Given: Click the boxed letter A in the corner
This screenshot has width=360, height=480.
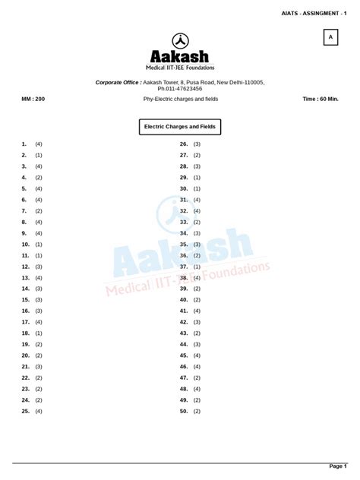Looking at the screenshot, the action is [330, 37].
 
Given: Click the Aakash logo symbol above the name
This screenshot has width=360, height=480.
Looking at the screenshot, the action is [180, 42].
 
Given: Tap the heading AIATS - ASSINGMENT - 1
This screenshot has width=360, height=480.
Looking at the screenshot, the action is [318, 13].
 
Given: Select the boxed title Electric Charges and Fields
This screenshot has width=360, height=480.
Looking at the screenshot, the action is [180, 127].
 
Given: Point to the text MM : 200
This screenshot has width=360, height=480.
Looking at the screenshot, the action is [33, 99].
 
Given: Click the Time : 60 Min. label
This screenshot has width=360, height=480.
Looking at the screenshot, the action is [321, 99].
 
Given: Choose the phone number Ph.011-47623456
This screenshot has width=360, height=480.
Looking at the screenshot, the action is [180, 89].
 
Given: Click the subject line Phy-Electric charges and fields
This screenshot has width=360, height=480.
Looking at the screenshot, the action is [181, 99].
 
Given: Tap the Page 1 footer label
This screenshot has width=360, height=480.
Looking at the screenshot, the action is [336, 466].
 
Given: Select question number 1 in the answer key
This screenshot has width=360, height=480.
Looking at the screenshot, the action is [24, 144].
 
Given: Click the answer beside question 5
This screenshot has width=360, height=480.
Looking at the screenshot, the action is [39, 188].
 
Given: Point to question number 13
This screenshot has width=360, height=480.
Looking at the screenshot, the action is [26, 277].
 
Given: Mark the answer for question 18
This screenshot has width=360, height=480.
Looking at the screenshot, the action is [39, 333].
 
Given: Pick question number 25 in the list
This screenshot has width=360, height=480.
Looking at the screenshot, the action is [26, 411].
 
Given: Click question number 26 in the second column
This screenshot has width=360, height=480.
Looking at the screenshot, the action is [184, 144].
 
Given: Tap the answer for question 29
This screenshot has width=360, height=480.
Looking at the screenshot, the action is [197, 177].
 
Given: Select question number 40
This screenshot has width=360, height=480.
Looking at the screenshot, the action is [184, 299].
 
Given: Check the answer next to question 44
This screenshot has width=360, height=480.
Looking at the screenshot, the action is [197, 344].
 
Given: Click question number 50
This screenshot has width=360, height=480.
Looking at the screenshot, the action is [184, 411].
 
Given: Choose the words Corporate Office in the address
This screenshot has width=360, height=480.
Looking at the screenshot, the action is [118, 82].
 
